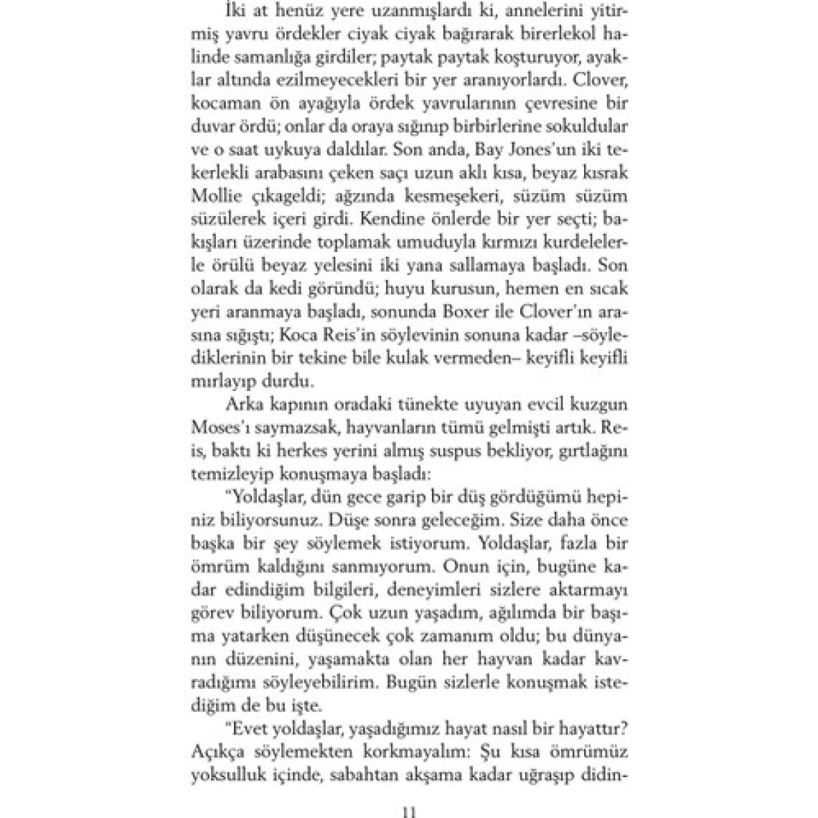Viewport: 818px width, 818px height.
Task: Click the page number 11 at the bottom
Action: tap(410, 812)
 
